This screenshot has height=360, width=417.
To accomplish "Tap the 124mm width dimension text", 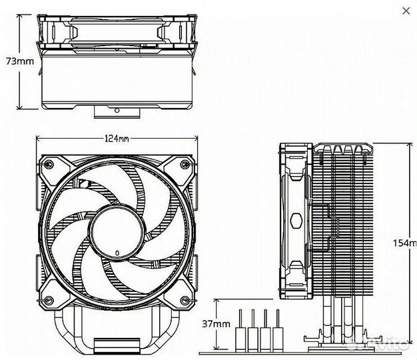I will tap(117, 139).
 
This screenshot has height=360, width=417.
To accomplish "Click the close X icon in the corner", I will tap(406, 11).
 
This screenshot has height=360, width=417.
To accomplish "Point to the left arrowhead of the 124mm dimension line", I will tap(38, 139).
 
